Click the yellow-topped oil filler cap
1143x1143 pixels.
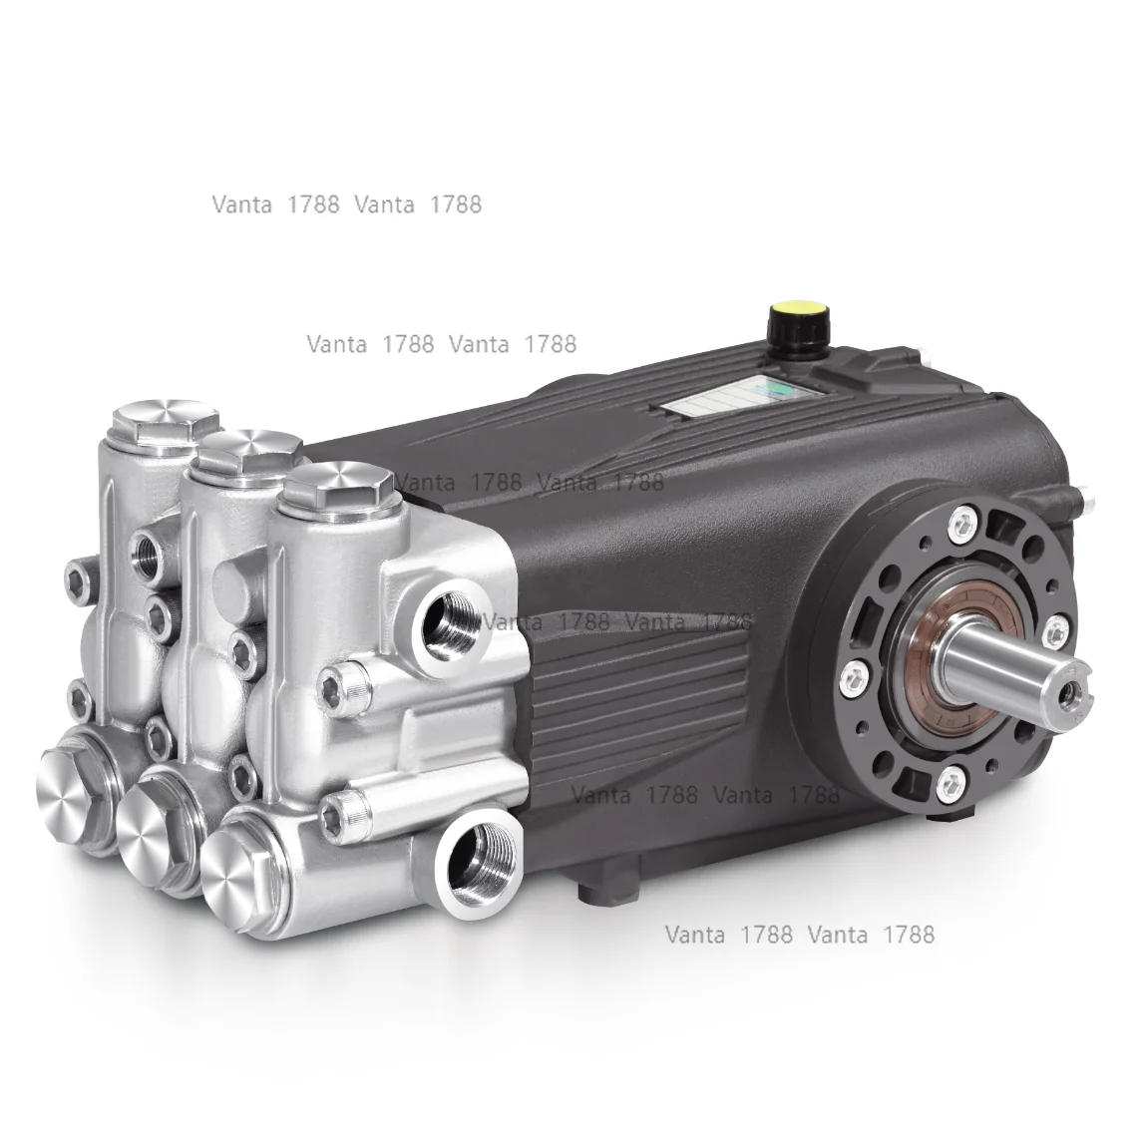point(792,322)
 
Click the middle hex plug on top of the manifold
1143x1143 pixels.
point(242,455)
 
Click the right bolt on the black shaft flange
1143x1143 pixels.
point(1052,626)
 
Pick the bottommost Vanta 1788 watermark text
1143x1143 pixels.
point(800,935)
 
